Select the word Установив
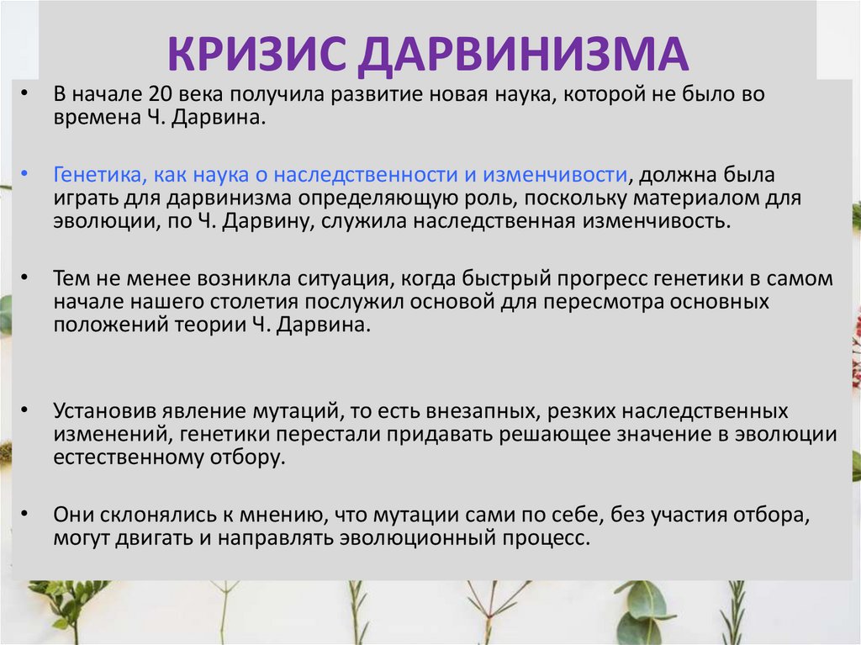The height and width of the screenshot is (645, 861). pyautogui.click(x=100, y=412)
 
